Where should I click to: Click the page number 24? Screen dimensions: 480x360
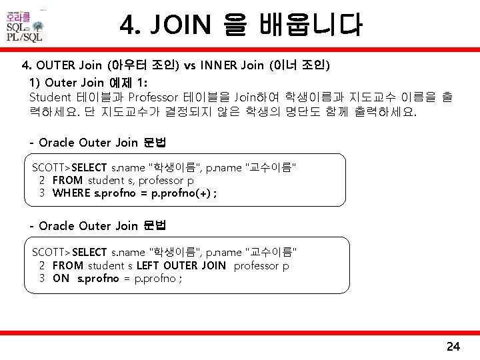pyautogui.click(x=453, y=346)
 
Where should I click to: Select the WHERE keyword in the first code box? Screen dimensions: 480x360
pyautogui.click(x=71, y=193)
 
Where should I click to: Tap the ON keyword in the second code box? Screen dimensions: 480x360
pyautogui.click(x=61, y=279)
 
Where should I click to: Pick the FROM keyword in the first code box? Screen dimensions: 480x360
pyautogui.click(x=67, y=180)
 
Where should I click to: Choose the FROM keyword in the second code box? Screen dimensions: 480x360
pyautogui.click(x=67, y=265)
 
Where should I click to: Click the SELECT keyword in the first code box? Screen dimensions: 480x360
pyautogui.click(x=89, y=167)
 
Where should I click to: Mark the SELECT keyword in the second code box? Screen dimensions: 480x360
pyautogui.click(x=89, y=252)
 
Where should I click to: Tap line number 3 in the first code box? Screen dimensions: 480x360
pyautogui.click(x=41, y=193)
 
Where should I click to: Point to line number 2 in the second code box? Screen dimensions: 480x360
pyautogui.click(x=41, y=265)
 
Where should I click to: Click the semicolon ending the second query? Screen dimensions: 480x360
pyautogui.click(x=180, y=279)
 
